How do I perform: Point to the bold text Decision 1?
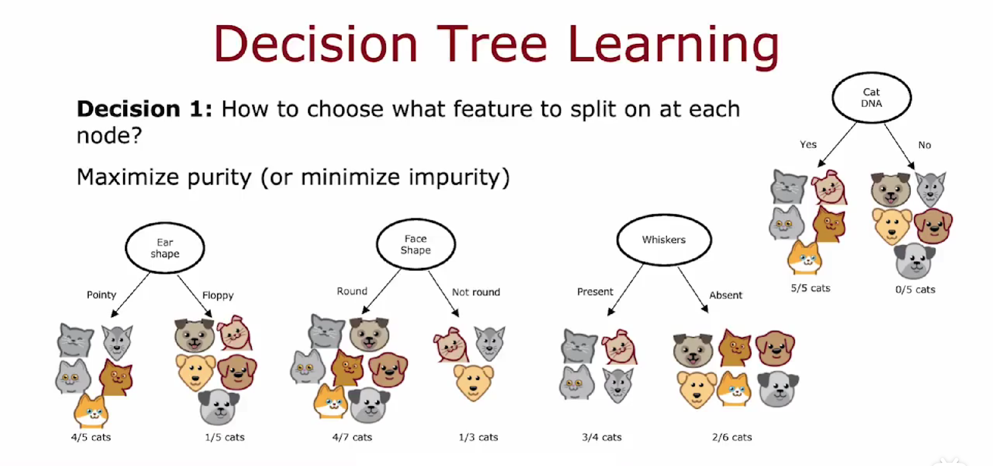(145, 109)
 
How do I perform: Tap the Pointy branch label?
(101, 295)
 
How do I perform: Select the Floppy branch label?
(218, 296)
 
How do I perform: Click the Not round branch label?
(476, 292)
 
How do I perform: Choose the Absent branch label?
(725, 295)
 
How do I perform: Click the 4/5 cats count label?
(91, 437)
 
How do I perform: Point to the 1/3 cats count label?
(478, 437)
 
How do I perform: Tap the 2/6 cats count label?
(732, 437)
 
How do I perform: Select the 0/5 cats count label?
(915, 290)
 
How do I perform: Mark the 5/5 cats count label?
(810, 288)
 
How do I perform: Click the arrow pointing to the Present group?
(625, 290)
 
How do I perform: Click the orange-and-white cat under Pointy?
(91, 411)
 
